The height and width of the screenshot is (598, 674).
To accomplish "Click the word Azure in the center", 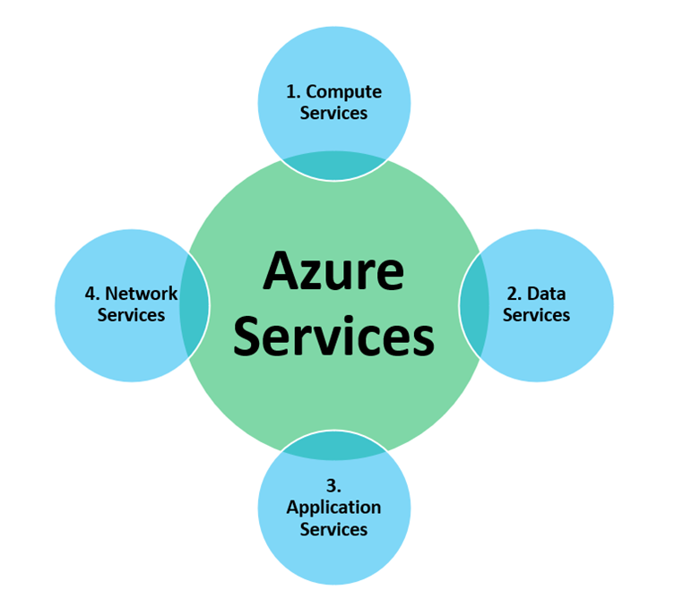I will coord(333,272).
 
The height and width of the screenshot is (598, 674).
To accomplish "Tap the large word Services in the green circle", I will coord(333,337).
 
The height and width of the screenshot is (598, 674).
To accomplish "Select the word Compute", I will coord(346,91).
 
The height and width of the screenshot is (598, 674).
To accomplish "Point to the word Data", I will coord(546,293).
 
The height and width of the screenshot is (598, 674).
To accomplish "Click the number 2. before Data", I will coord(514,293).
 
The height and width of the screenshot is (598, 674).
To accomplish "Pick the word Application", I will coord(333,508).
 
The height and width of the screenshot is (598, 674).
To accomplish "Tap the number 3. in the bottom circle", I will coord(333,486).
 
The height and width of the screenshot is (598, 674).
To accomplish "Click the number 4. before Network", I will coord(91,293).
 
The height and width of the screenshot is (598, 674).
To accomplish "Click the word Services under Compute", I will coord(333,114).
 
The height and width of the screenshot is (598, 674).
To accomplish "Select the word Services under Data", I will coord(536,315).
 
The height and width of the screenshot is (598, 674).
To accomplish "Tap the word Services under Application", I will coord(333,529).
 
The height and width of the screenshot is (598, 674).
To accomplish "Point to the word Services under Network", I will coord(131,315).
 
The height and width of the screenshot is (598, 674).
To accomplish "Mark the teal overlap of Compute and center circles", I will coord(333,166).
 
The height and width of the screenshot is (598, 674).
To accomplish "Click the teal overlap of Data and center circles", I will coord(473,305).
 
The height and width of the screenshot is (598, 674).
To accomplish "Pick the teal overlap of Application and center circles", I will coord(333,445).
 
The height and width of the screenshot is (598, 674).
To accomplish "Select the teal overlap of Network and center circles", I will coord(194,305).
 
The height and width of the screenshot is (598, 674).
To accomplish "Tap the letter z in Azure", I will coord(314,276).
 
